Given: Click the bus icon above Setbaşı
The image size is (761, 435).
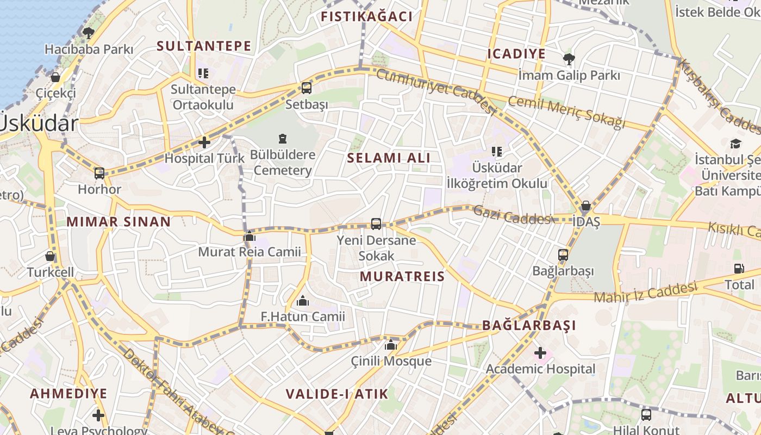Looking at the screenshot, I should pyautogui.click(x=307, y=88).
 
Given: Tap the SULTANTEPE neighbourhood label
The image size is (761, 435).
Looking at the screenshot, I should pyautogui.click(x=204, y=46).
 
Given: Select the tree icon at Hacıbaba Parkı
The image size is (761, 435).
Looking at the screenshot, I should pyautogui.click(x=89, y=33).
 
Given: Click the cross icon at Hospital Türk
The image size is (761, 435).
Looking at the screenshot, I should pyautogui.click(x=204, y=142).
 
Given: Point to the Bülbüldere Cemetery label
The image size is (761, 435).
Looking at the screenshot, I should pyautogui.click(x=282, y=163).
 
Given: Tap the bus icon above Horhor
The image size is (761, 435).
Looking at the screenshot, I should pyautogui.click(x=99, y=173).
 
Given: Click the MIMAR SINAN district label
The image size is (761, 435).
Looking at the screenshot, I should pyautogui.click(x=118, y=222).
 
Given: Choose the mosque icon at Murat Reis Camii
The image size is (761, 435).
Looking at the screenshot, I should pyautogui.click(x=249, y=236).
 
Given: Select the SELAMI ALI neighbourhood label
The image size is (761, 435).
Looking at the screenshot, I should pyautogui.click(x=389, y=158).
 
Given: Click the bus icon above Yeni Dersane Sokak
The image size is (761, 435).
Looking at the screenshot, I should pyautogui.click(x=376, y=223).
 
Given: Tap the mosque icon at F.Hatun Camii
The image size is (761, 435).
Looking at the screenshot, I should pyautogui.click(x=303, y=301).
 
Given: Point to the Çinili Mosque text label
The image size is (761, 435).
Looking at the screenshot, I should pyautogui.click(x=391, y=361).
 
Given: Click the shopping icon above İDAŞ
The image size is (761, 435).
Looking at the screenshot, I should pyautogui.click(x=586, y=206).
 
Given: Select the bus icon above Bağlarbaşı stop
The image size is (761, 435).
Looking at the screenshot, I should pyautogui.click(x=563, y=254).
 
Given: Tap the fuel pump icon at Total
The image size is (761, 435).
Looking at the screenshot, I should pyautogui.click(x=739, y=268).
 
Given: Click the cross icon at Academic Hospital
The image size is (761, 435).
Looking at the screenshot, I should pyautogui.click(x=540, y=353).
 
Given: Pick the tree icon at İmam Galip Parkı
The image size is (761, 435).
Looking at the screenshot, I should pyautogui.click(x=569, y=59).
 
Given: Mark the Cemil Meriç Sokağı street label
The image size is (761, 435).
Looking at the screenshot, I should pyautogui.click(x=567, y=113).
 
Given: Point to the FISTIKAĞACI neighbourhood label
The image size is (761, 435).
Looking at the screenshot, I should pyautogui.click(x=366, y=16).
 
